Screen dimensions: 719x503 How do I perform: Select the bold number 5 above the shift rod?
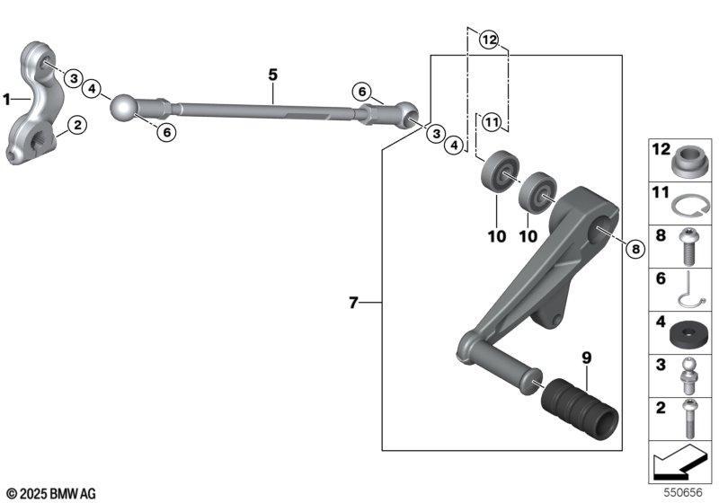(x=273, y=75)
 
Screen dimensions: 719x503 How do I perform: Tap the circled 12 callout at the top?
(x=489, y=40)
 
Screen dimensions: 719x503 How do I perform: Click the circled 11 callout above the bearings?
(x=491, y=122)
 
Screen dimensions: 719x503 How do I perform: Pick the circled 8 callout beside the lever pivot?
(x=635, y=249)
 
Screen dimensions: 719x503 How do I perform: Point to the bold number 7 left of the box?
(x=353, y=303)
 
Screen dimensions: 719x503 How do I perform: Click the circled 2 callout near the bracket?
(x=77, y=125)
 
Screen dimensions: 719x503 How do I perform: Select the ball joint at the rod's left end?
(x=123, y=108)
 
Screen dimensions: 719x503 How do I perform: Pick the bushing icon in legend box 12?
(x=690, y=161)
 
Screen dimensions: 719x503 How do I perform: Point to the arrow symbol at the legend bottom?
(x=679, y=460)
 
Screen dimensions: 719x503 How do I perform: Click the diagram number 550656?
(x=683, y=492)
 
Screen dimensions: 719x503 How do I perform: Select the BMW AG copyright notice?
(x=51, y=494)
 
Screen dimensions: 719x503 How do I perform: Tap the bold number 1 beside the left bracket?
(x=7, y=99)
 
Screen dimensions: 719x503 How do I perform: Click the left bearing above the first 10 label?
(x=500, y=172)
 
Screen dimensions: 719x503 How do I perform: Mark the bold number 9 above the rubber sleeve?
(x=587, y=357)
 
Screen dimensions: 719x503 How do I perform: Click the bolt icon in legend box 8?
(x=688, y=246)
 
